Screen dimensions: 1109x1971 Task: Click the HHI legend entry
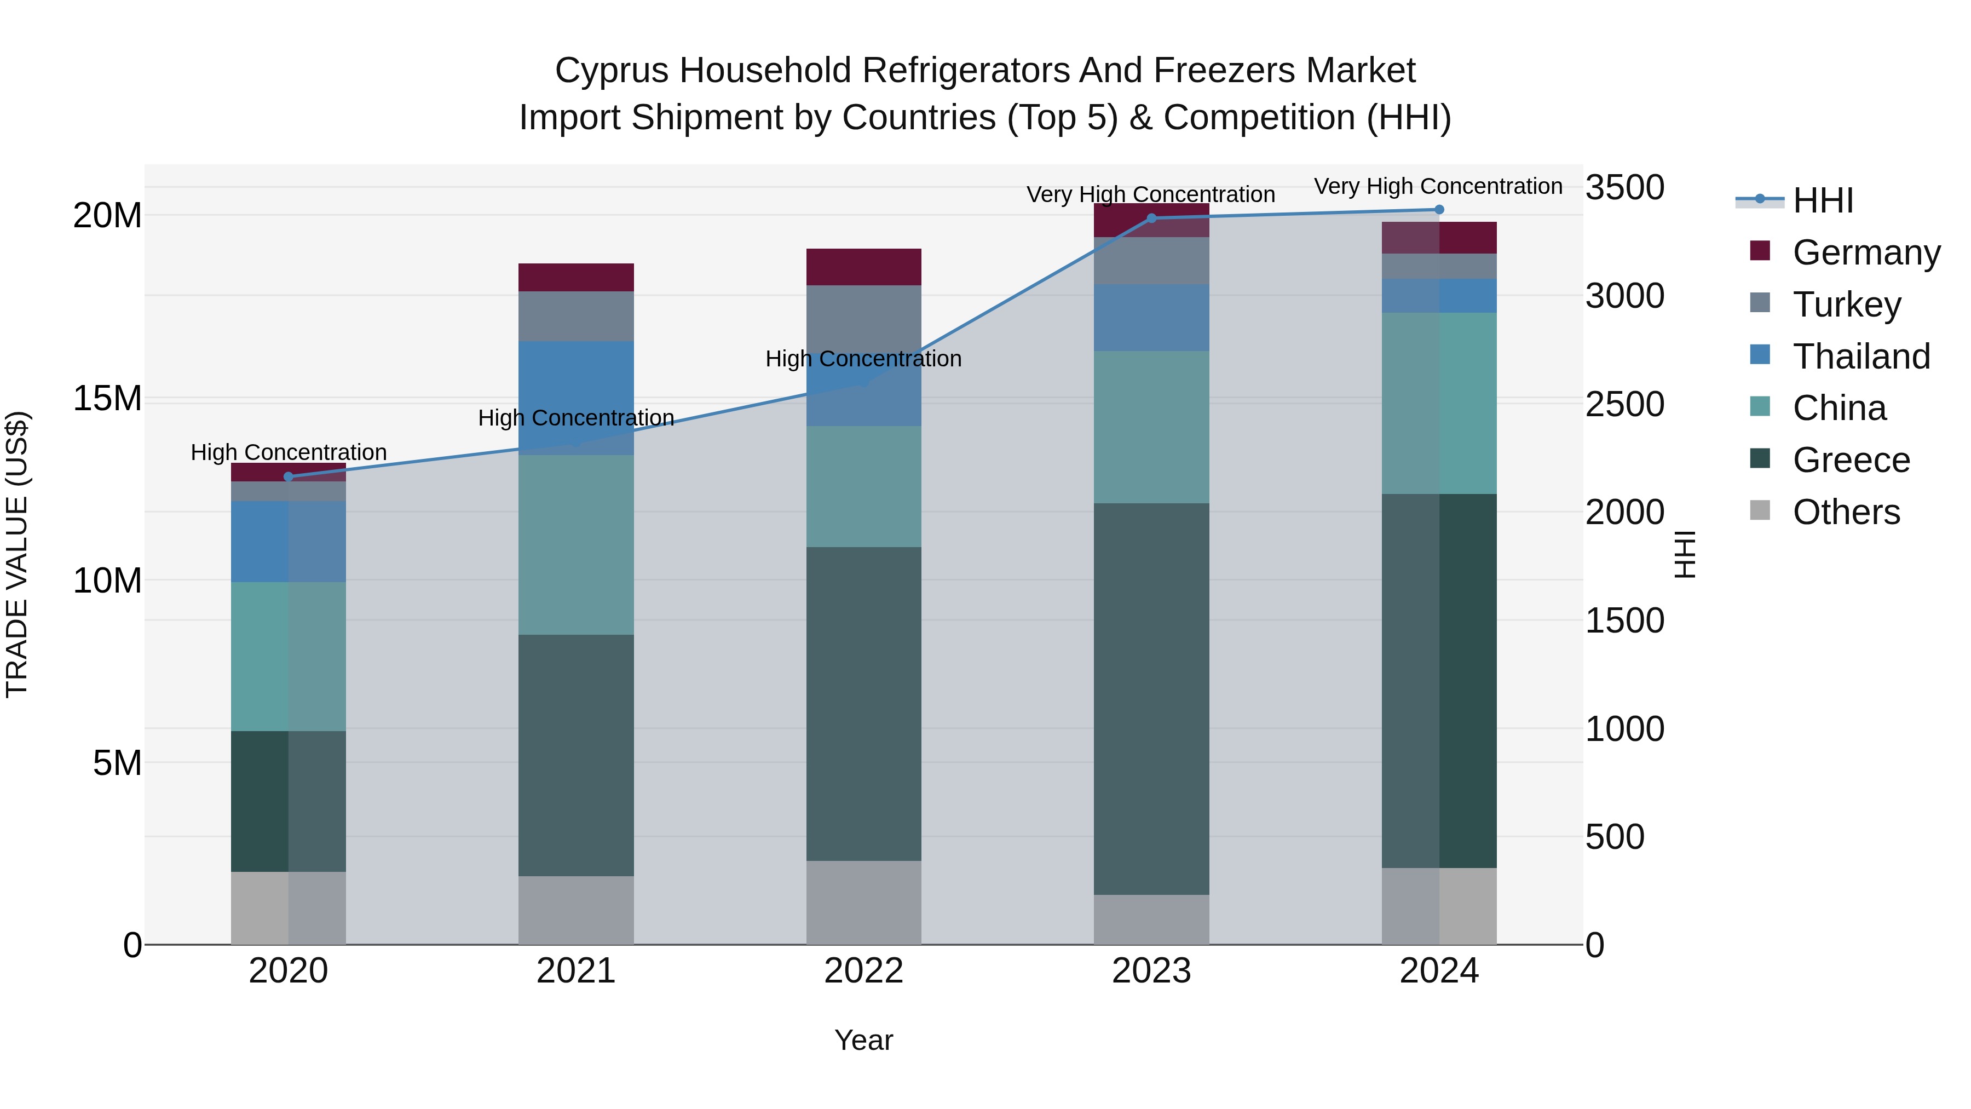point(1822,200)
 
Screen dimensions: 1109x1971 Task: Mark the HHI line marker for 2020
point(289,477)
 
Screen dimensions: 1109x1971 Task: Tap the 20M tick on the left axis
point(107,216)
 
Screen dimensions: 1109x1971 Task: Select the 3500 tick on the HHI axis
point(1624,187)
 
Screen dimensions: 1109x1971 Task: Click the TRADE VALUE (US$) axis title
point(17,554)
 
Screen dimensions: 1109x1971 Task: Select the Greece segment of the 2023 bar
point(1151,698)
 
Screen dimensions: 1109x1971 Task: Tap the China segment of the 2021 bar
point(576,545)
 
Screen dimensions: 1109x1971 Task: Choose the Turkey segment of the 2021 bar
point(576,316)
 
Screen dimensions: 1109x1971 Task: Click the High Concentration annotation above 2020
point(289,452)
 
